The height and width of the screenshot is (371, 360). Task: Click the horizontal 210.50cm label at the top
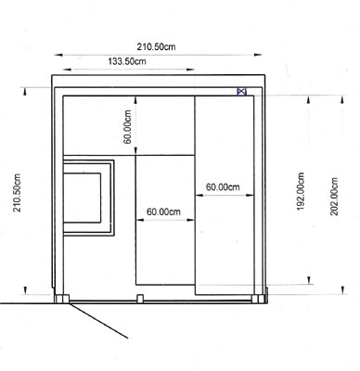point(156,46)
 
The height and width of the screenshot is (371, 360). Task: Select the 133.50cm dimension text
point(127,61)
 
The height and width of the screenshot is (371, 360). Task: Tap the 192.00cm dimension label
point(301,191)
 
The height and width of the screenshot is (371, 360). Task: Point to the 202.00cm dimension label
point(334,197)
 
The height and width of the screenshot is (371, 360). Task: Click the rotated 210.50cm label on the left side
point(17,193)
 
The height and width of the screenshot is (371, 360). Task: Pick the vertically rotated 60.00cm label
point(127,127)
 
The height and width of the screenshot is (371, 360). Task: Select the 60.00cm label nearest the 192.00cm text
point(223,187)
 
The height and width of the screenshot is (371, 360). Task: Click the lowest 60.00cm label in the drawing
point(163,211)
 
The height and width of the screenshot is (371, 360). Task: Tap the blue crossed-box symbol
point(241,92)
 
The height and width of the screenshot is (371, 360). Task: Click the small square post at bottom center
point(140,299)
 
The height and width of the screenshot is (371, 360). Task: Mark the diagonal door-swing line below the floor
point(98,321)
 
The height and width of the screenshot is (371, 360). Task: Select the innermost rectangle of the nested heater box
point(82,198)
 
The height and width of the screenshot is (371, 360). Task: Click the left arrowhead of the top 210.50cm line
point(58,55)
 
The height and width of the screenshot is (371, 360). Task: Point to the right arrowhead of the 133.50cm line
point(190,70)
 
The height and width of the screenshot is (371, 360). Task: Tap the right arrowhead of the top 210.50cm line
point(258,55)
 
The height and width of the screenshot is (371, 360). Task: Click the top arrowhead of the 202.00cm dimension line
point(342,99)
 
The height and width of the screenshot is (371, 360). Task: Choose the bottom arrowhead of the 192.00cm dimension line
point(309,280)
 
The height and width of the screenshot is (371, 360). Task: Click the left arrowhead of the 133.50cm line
point(67,70)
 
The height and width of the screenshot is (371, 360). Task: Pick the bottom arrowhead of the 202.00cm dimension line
point(342,290)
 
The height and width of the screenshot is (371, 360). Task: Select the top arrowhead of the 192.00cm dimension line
point(309,99)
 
